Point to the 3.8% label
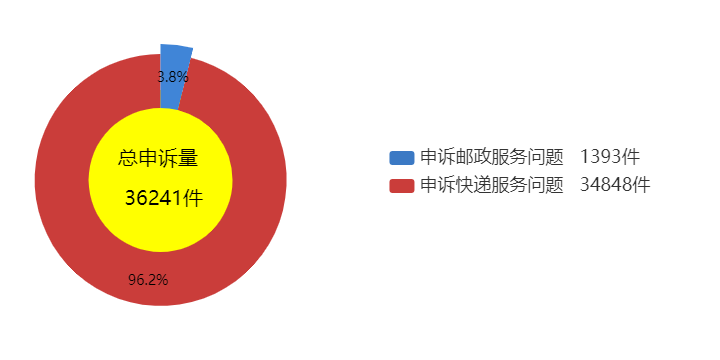click(x=173, y=77)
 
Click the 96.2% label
click(x=148, y=280)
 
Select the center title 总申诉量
click(x=158, y=159)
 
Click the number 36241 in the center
click(x=153, y=198)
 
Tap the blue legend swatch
click(x=401, y=158)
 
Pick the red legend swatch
click(x=401, y=186)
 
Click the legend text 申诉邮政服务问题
click(x=492, y=158)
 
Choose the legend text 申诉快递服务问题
click(x=492, y=186)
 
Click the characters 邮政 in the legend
click(x=474, y=158)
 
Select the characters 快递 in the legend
click(x=474, y=186)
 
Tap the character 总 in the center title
click(x=128, y=159)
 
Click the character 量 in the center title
click(x=188, y=159)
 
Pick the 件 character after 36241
click(x=192, y=198)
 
